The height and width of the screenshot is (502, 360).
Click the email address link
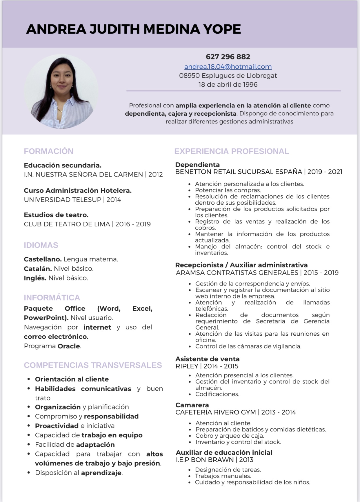(228, 67)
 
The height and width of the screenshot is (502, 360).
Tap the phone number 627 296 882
(228, 57)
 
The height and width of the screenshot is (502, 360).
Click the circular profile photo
(61, 92)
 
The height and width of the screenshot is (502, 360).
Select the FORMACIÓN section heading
(49, 151)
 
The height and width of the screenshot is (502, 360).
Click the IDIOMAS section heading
(41, 245)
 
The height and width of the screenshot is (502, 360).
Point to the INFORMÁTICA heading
(52, 298)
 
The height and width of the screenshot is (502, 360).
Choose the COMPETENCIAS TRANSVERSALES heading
(93, 365)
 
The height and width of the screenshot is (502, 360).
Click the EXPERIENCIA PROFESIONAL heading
(232, 151)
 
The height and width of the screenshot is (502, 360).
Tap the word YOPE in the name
(222, 29)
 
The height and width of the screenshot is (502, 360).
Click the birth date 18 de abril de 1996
(228, 85)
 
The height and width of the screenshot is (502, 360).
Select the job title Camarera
(192, 405)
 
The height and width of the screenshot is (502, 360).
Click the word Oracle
(69, 346)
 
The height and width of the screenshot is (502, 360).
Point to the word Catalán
(38, 269)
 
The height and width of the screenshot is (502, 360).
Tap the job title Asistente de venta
(208, 359)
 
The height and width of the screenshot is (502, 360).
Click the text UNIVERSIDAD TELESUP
(63, 200)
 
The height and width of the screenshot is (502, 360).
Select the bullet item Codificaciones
(217, 394)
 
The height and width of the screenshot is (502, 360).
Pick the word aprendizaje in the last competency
(101, 473)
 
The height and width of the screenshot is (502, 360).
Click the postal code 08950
(189, 76)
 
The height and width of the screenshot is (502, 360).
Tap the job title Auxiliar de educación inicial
(224, 452)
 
